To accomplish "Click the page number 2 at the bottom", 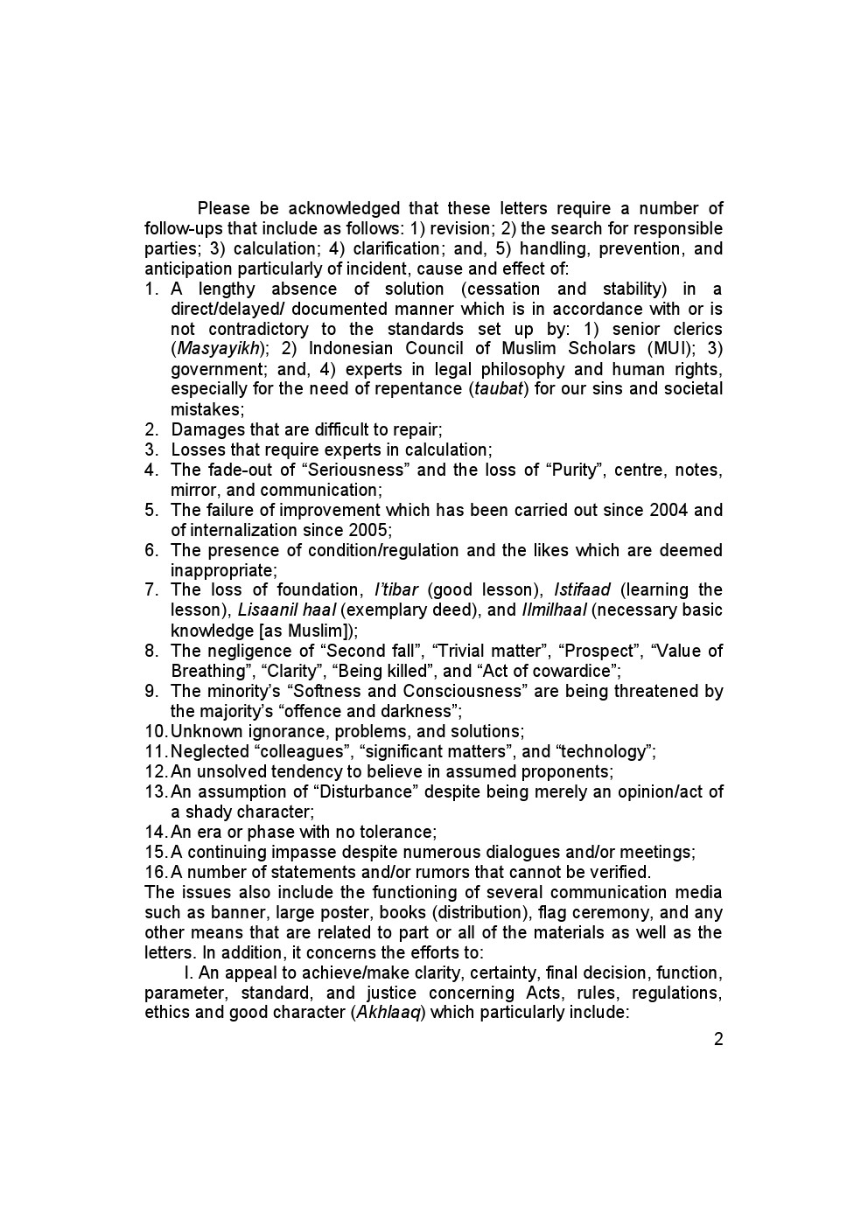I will coord(718,1040).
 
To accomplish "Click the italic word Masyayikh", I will coord(219,349).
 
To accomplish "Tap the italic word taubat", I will coord(500,389).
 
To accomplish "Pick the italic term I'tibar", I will coord(395,590).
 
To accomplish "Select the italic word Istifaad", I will coord(582,590).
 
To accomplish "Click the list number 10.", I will coord(156,731).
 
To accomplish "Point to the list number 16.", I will coord(156,872).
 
